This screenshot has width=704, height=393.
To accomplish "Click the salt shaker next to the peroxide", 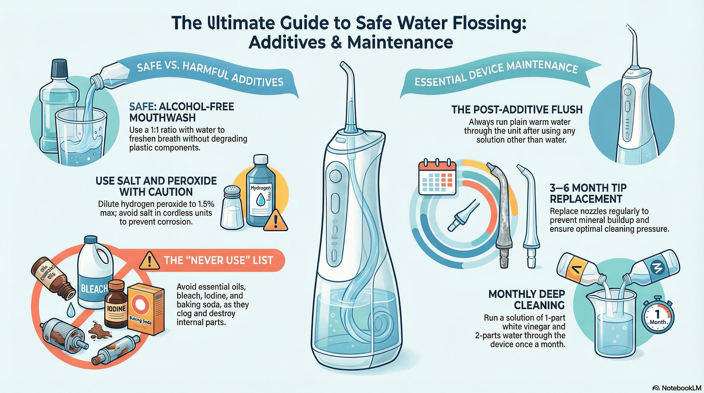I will pyautogui.click(x=232, y=208).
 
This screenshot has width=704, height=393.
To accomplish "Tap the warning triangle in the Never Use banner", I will pyautogui.click(x=149, y=261).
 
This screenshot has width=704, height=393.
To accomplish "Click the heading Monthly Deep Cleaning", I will pyautogui.click(x=527, y=300).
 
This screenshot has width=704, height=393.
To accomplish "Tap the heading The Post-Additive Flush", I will pyautogui.click(x=517, y=110).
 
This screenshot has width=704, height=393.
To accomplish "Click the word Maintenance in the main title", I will pyautogui.click(x=400, y=42).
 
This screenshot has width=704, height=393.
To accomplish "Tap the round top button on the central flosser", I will pyautogui.click(x=336, y=175).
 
